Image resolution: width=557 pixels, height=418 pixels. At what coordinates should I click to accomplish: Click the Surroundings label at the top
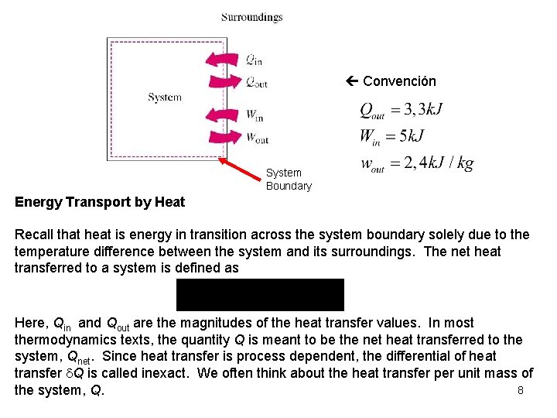[x=251, y=17]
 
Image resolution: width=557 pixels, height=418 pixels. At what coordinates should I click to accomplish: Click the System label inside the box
[x=165, y=98]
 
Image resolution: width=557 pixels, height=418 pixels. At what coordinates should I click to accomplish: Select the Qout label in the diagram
[x=256, y=82]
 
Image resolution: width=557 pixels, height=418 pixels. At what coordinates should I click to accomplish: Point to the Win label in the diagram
[x=255, y=116]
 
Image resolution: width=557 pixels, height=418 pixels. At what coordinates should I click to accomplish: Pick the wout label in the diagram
[x=257, y=139]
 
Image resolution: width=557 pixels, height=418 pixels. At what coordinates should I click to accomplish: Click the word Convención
[x=399, y=81]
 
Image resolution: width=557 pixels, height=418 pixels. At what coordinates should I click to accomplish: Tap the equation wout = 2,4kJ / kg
[x=416, y=164]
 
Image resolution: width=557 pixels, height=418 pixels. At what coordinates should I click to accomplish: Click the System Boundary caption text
[x=288, y=180]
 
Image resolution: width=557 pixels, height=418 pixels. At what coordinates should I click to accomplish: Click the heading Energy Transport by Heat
[x=100, y=203]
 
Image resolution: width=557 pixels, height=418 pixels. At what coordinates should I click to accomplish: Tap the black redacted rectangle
[x=260, y=295]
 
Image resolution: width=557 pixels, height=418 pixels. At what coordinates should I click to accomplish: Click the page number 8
[x=521, y=390]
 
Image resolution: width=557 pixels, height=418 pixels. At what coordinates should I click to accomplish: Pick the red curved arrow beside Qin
[x=224, y=59]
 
